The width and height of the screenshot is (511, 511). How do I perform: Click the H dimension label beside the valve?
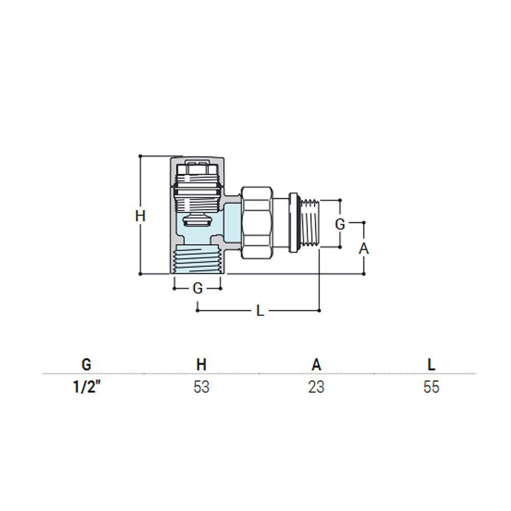click(x=140, y=216)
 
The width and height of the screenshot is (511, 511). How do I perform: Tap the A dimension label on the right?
click(x=364, y=249)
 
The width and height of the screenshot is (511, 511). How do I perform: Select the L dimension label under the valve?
click(x=260, y=311)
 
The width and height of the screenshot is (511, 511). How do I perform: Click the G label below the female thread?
click(x=198, y=288)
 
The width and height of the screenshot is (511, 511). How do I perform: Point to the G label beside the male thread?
click(x=340, y=224)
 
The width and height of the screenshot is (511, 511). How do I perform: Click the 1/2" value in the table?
click(x=86, y=387)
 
